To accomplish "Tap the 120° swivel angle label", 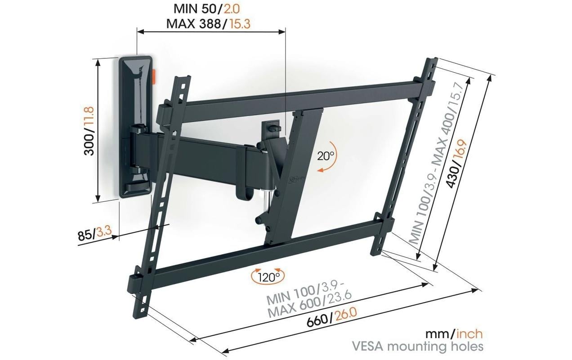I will point(268,276).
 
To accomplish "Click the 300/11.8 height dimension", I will point(89,131).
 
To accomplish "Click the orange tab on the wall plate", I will point(155,76).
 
